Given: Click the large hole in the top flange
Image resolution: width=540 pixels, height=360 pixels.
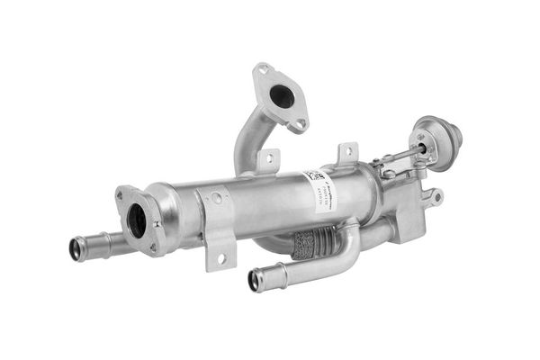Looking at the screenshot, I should click(282, 95).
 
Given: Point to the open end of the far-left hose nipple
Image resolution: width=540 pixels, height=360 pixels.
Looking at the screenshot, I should click(76, 249).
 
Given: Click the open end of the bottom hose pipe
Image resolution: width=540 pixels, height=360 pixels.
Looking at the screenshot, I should click(255, 281).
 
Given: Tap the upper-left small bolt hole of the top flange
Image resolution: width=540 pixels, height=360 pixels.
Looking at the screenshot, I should click(263, 69).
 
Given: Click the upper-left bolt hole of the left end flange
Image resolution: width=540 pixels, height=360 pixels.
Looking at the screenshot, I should click(120, 194).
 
